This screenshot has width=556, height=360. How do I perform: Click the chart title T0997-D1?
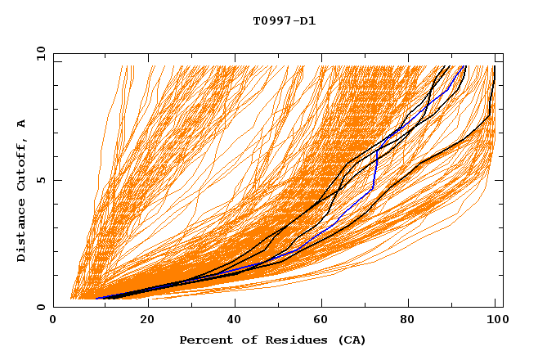[x=284, y=20]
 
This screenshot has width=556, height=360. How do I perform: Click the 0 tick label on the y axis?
[x=40, y=308]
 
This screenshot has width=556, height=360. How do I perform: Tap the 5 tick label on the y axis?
[x=40, y=180]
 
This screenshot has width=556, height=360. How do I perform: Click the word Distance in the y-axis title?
[x=22, y=230]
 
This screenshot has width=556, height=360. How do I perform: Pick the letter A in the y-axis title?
[x=22, y=123]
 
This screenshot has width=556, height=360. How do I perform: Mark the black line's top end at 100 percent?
[x=495, y=65]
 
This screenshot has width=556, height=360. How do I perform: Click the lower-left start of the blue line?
[x=96, y=299]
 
